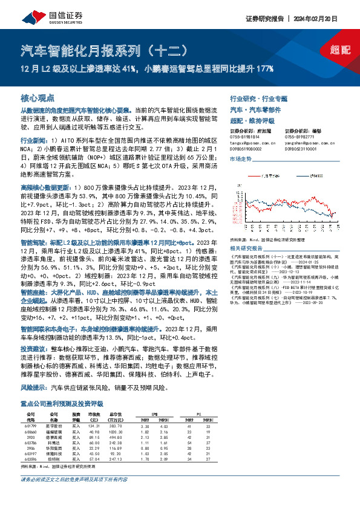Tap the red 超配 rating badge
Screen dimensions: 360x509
343,50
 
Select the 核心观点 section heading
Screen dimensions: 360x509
38,97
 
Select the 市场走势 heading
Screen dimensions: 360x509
241,157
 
